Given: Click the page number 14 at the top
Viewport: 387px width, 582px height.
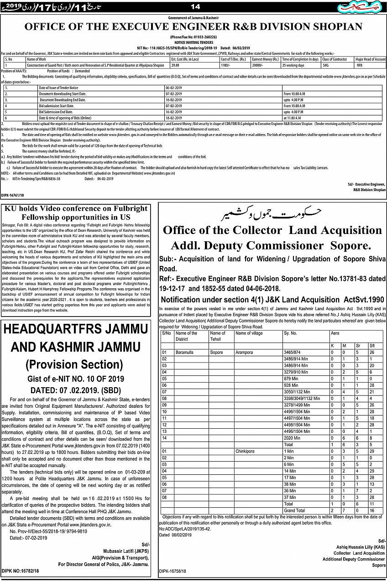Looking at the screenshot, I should [195, 6].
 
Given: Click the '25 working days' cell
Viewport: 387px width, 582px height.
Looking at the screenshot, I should [293, 65].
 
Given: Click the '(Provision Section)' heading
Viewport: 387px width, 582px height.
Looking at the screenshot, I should [74, 364].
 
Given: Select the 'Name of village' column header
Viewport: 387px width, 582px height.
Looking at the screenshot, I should [249, 333].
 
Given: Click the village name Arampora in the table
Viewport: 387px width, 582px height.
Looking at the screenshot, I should [245, 353].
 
